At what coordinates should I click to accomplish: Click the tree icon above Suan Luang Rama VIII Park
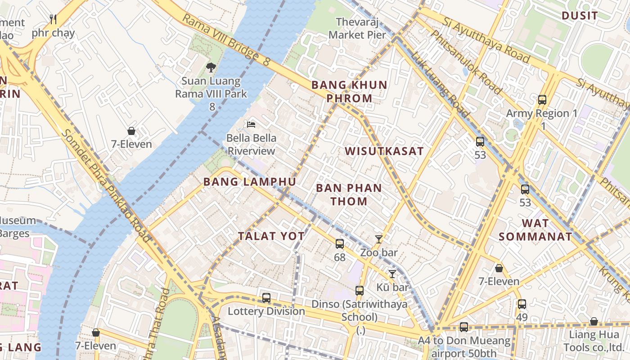211,67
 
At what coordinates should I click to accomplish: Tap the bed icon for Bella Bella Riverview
251,124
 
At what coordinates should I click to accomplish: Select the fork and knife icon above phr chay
53,19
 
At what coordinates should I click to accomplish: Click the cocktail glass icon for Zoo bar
379,239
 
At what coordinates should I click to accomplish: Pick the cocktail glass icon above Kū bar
392,274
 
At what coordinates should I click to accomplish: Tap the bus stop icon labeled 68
340,244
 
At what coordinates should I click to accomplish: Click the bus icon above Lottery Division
266,298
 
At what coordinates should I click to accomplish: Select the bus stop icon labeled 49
522,304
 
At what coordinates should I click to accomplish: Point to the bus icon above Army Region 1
542,100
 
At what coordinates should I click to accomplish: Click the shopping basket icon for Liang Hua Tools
594,321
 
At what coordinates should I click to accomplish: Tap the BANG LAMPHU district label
250,182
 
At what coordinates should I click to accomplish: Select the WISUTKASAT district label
384,151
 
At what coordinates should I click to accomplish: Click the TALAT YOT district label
271,236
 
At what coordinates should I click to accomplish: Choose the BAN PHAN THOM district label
349,194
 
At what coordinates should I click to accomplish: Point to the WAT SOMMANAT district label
535,229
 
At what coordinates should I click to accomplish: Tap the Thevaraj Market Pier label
357,28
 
